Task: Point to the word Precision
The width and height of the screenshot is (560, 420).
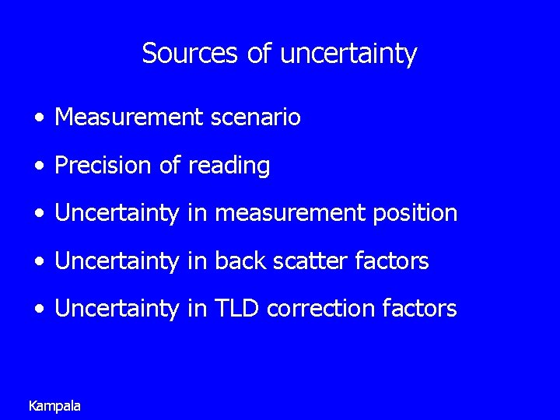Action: coord(105,166)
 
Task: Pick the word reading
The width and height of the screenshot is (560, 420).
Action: coord(229,166)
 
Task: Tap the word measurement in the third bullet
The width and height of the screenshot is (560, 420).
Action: coord(289,213)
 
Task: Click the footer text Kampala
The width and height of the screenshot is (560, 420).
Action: coord(54,405)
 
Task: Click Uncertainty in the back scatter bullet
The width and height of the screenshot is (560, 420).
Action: coord(117,261)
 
